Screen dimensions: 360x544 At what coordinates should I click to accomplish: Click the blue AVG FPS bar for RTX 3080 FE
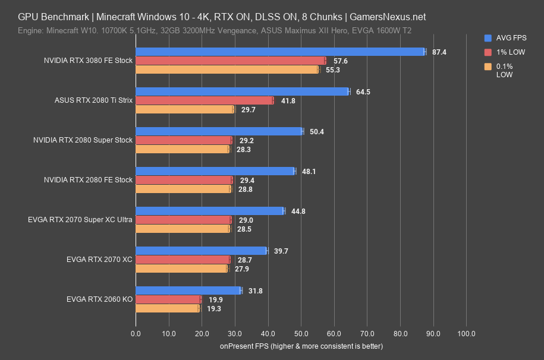point(279,52)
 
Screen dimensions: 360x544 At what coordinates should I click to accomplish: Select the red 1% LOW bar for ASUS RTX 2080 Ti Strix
point(205,100)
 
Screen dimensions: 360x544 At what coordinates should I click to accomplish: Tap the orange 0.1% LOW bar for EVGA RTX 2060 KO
point(168,308)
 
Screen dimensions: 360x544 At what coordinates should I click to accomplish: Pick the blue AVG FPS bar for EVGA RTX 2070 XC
point(201,251)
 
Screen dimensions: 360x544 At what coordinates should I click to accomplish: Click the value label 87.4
point(439,52)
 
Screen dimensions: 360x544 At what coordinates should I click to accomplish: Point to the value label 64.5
point(363,92)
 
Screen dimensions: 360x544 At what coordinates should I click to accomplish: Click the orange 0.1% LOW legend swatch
point(488,67)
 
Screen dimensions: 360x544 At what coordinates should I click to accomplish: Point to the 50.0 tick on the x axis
point(301,333)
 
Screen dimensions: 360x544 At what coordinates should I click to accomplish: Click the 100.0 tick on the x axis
point(466,333)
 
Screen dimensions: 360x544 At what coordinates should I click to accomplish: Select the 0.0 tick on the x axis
point(136,333)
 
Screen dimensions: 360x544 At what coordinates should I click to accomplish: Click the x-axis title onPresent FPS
point(301,346)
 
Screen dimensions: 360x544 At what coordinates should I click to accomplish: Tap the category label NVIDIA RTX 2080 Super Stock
point(87,140)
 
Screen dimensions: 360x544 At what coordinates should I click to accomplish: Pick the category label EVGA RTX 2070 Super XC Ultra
point(80,220)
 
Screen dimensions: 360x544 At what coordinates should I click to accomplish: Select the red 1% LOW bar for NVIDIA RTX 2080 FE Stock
point(183,180)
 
